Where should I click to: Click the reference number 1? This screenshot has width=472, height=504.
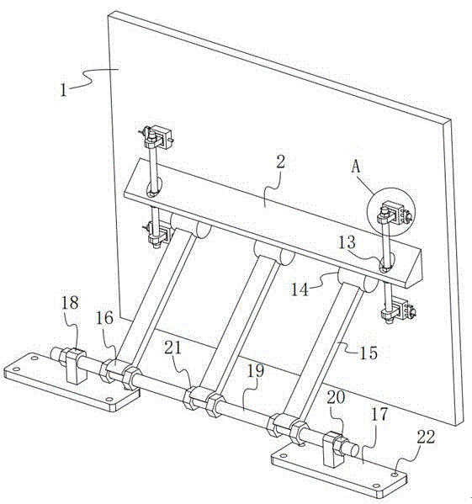pyautogui.click(x=63, y=90)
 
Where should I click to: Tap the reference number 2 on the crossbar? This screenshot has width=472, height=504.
pyautogui.click(x=280, y=162)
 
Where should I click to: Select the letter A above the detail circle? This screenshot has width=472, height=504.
pyautogui.click(x=356, y=167)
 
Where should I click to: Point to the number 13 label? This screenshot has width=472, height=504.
pyautogui.click(x=347, y=242)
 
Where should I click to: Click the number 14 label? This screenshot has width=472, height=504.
pyautogui.click(x=300, y=289)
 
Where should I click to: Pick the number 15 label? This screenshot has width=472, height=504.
pyautogui.click(x=369, y=353)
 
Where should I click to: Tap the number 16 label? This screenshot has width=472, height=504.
pyautogui.click(x=104, y=318)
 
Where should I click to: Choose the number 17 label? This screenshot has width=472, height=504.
pyautogui.click(x=379, y=414)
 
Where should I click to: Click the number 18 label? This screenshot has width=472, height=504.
pyautogui.click(x=70, y=302)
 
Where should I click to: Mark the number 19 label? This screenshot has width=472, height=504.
pyautogui.click(x=256, y=370)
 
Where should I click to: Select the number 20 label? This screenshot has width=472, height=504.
pyautogui.click(x=336, y=397)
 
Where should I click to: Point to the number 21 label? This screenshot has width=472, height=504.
pyautogui.click(x=173, y=347)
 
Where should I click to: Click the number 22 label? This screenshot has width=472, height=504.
pyautogui.click(x=426, y=437)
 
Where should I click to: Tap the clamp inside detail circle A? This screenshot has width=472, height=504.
pyautogui.click(x=395, y=213)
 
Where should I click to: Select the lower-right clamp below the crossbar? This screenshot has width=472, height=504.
pyautogui.click(x=397, y=310)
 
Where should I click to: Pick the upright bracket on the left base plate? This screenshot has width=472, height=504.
pyautogui.click(x=76, y=366)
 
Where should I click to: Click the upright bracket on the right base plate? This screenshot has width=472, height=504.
pyautogui.click(x=333, y=449)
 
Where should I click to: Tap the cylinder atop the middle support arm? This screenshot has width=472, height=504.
pyautogui.click(x=273, y=252)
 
